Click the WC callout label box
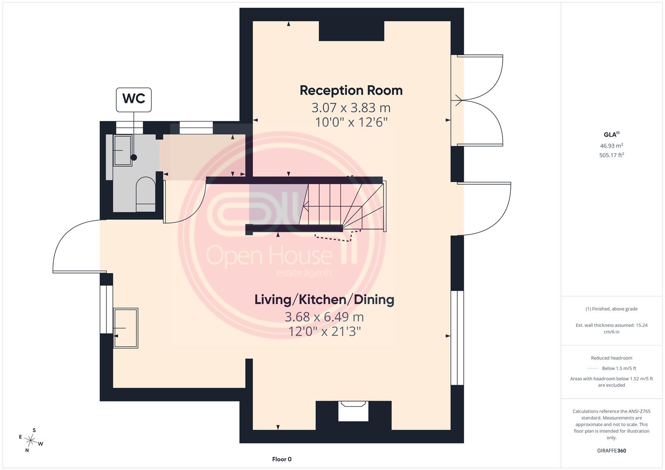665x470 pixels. coord(134,100)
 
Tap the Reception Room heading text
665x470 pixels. coord(351,91)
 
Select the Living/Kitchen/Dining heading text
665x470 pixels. coord(324,300)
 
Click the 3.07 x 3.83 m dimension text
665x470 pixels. coord(351,108)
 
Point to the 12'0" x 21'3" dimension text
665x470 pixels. coord(324,332)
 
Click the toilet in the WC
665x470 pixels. coord(145,195)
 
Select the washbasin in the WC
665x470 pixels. coord(122,150)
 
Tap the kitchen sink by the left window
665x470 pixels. coord(125,328)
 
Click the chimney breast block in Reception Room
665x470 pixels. coord(351,31)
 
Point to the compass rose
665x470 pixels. coord(30,440)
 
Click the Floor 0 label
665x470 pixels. coord(282,459)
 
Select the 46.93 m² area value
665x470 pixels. coord(611,146)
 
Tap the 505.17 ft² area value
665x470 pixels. coord(611,155)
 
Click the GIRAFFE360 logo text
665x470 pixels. coord(611,450)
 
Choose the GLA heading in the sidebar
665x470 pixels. coord(611,134)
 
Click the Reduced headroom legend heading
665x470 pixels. coord(611,358)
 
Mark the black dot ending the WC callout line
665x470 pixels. coord(134,158)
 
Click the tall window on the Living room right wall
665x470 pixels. coord(457,338)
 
